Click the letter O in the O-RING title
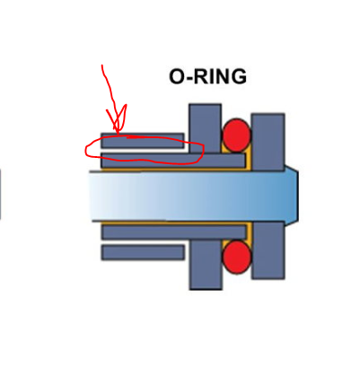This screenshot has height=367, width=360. tap(178, 76)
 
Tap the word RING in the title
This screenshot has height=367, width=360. tap(220, 76)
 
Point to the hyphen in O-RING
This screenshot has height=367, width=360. tap(189, 78)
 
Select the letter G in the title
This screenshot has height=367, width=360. tap(239, 76)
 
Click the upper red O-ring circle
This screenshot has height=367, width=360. tap(236, 135)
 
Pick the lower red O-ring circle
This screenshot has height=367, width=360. tap(236, 258)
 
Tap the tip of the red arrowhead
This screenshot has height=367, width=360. tap(118, 135)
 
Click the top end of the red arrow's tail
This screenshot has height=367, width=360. tap(102, 66)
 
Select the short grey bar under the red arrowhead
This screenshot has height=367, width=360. tap(143, 141)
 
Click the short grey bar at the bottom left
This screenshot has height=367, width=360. tap(143, 252)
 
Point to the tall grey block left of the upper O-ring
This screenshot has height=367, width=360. tap(206, 128)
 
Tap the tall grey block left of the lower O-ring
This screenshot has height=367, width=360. tap(206, 265)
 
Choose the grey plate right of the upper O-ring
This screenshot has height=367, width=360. tap(268, 142)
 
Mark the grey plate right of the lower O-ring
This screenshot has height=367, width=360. tap(268, 250)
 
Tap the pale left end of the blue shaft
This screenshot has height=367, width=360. tap(99, 196)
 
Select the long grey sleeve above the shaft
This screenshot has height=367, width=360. tap(173, 161)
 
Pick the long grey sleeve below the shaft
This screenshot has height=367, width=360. tap(173, 232)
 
